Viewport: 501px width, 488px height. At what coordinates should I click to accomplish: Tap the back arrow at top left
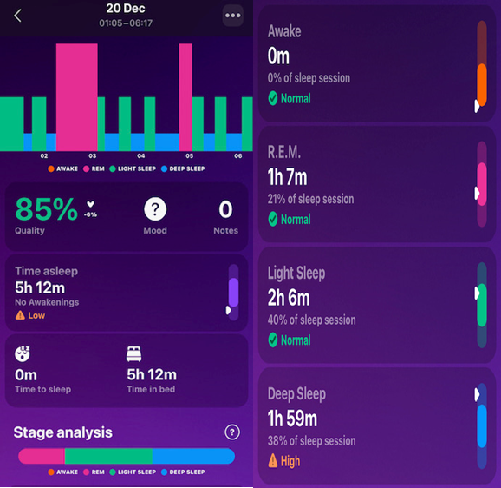click(x=17, y=16)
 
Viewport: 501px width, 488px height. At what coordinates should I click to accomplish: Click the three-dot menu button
click(x=232, y=16)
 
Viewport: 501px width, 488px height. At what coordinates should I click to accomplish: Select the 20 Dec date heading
click(x=126, y=9)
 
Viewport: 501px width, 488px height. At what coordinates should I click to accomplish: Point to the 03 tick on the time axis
click(x=93, y=155)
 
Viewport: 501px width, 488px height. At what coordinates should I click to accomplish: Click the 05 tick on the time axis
click(x=190, y=155)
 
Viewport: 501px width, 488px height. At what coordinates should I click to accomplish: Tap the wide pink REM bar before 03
click(x=76, y=97)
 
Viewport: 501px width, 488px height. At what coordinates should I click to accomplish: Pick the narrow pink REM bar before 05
click(x=185, y=97)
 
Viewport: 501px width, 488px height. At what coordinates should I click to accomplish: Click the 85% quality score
click(x=46, y=209)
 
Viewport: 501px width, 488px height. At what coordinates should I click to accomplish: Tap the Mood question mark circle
click(x=155, y=209)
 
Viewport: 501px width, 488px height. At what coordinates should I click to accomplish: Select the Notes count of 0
click(x=225, y=209)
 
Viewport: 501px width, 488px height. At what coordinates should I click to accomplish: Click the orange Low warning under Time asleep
click(x=30, y=315)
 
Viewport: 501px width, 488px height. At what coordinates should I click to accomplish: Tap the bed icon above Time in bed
click(x=133, y=354)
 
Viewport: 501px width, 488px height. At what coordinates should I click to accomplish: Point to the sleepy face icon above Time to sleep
click(x=23, y=354)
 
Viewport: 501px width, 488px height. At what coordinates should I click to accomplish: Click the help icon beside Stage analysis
click(x=232, y=432)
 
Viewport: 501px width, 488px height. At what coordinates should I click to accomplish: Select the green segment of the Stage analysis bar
click(x=108, y=456)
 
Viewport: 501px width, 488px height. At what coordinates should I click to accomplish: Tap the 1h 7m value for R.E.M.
click(x=287, y=176)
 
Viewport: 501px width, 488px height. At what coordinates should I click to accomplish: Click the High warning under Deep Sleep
click(x=284, y=461)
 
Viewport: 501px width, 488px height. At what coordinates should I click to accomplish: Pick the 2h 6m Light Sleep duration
click(x=289, y=298)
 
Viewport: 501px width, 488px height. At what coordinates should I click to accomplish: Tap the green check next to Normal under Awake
click(x=273, y=98)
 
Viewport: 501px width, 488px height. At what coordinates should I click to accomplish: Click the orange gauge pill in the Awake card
click(x=482, y=85)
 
